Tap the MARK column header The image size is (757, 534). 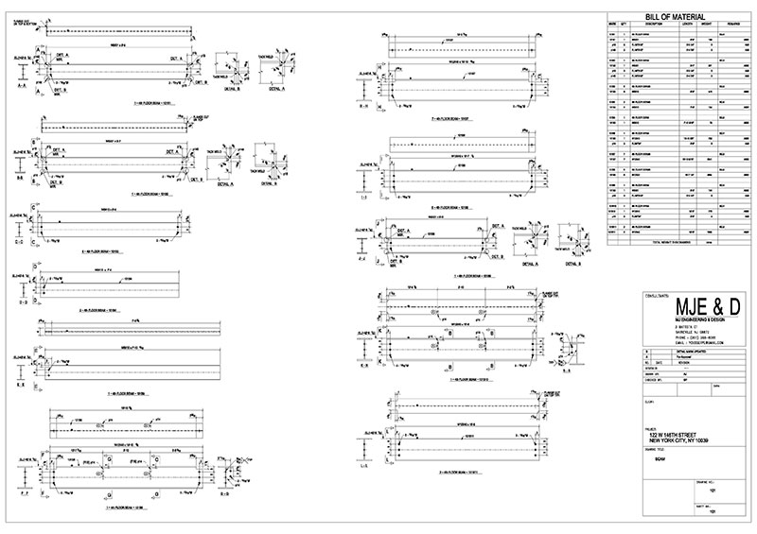tap(612, 26)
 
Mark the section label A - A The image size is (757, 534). tap(20, 83)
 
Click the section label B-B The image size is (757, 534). tap(20, 176)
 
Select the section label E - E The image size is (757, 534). tap(20, 386)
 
